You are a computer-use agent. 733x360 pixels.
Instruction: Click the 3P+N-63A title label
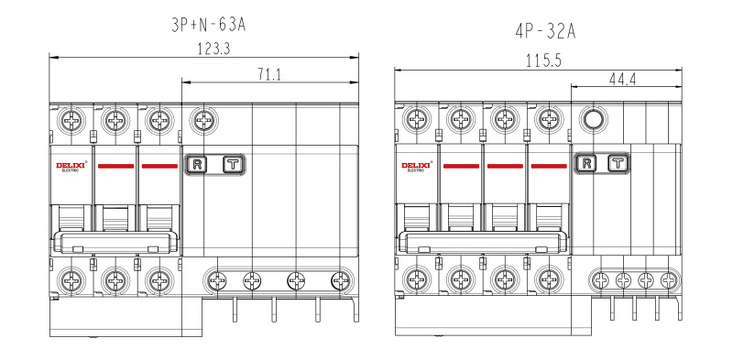tap(209, 25)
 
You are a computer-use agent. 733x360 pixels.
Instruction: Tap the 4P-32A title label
tap(545, 32)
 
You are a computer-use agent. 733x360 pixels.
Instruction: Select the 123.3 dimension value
tap(213, 49)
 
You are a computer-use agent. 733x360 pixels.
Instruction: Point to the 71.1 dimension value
tap(269, 74)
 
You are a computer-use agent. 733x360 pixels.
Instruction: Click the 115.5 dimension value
tap(543, 60)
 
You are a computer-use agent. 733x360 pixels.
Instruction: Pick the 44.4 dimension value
tap(622, 79)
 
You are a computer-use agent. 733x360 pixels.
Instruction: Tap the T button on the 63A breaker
tap(234, 164)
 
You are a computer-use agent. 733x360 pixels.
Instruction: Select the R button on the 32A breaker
tap(586, 163)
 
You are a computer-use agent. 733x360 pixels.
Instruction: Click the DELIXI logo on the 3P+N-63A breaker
tap(71, 167)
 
